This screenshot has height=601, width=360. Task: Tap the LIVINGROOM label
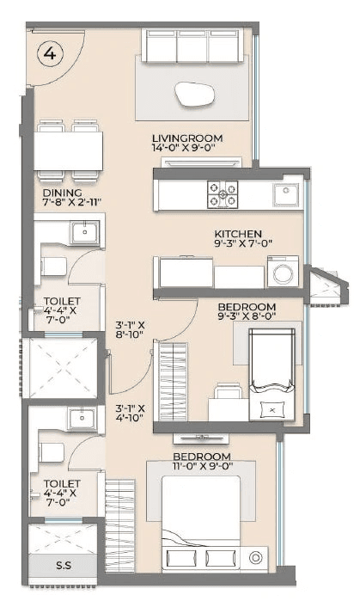click(186, 138)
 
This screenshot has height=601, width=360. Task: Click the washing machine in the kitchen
click(282, 273)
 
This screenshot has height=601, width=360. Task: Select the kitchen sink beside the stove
click(283, 193)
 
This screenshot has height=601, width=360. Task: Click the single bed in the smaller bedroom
click(271, 376)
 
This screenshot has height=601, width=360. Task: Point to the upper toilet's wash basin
click(84, 231)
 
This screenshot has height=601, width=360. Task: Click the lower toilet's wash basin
click(82, 419)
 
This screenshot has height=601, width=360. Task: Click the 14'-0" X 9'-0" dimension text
click(186, 150)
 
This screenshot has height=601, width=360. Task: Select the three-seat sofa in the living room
click(192, 46)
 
